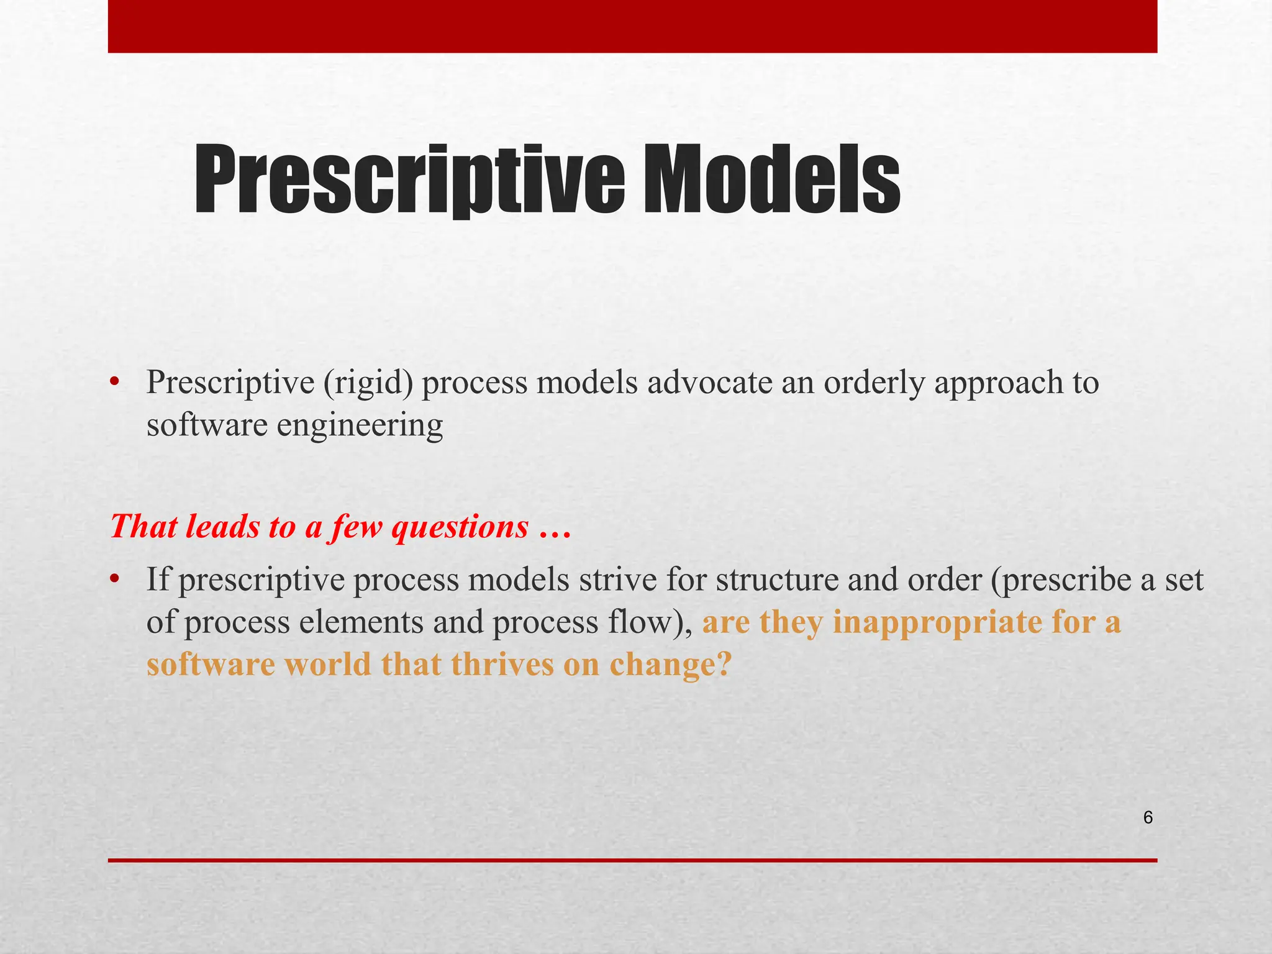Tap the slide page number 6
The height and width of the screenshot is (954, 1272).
tap(1148, 818)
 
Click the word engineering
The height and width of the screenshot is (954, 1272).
tap(360, 425)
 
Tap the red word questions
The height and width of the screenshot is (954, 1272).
tap(460, 527)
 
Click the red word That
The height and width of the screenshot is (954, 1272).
tap(143, 527)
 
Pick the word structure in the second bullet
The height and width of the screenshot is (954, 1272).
tap(776, 580)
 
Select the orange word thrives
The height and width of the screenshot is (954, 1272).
tap(502, 665)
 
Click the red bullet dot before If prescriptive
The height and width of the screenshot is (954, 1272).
tap(114, 579)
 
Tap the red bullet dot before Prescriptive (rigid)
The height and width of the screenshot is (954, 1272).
tap(114, 383)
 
